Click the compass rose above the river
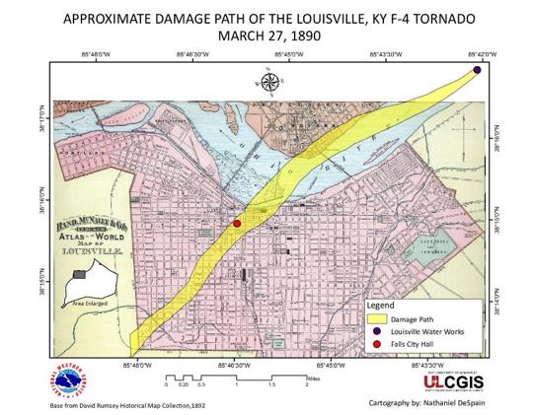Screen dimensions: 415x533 coord(270,82)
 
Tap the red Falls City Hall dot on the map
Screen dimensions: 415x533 coord(237,225)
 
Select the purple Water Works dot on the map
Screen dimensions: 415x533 coord(478,69)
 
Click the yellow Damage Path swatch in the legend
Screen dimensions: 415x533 coord(378,318)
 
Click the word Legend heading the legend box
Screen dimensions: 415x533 coord(380,306)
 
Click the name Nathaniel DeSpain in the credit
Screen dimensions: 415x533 coord(435,402)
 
